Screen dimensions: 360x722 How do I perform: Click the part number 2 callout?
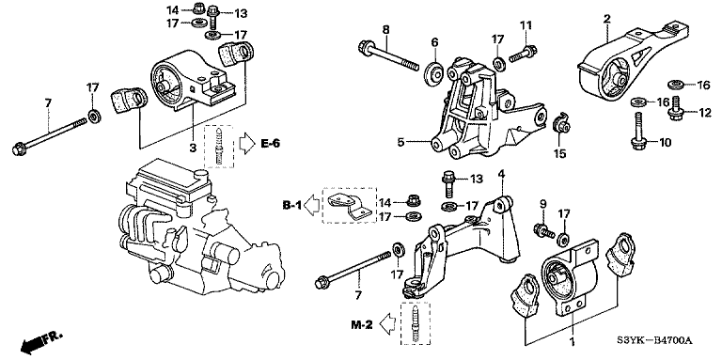point(607,18)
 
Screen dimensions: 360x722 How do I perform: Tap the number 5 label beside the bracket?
point(400,143)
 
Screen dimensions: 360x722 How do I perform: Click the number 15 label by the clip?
point(559,153)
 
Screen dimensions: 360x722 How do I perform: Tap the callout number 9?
point(542,204)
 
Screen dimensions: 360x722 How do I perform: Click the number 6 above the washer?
point(434,41)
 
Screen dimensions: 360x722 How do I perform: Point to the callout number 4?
point(502,174)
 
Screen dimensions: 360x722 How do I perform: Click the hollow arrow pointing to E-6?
point(244,143)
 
